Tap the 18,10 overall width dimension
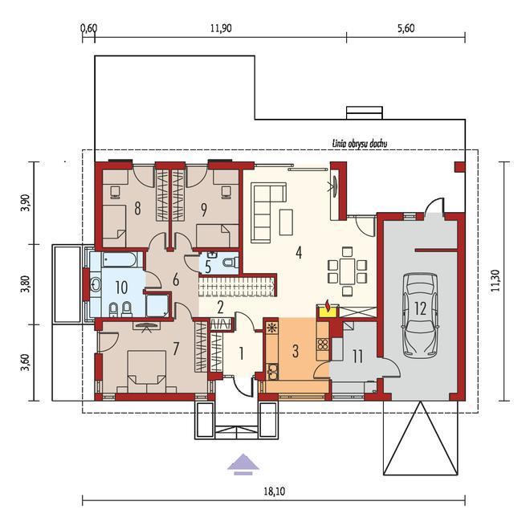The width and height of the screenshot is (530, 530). (x=274, y=491)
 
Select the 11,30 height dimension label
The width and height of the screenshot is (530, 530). (x=495, y=280)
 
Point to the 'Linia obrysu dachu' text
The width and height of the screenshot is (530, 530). (x=359, y=144)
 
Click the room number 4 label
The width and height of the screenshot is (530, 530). (x=299, y=252)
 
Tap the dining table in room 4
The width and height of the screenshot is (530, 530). (x=347, y=271)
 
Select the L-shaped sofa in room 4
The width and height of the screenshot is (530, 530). (x=268, y=212)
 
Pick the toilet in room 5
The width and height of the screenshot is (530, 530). (x=230, y=262)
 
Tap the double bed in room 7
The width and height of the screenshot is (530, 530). (x=146, y=371)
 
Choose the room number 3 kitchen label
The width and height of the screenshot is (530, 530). (x=296, y=351)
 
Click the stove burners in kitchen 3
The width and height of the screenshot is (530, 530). (x=323, y=344)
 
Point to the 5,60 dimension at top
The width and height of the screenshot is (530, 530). (x=406, y=28)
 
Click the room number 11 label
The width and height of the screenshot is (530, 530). (x=357, y=357)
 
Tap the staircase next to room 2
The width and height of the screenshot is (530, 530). (x=237, y=287)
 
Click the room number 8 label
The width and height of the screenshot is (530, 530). (x=137, y=209)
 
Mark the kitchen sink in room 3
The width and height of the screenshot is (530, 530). (x=271, y=372)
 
